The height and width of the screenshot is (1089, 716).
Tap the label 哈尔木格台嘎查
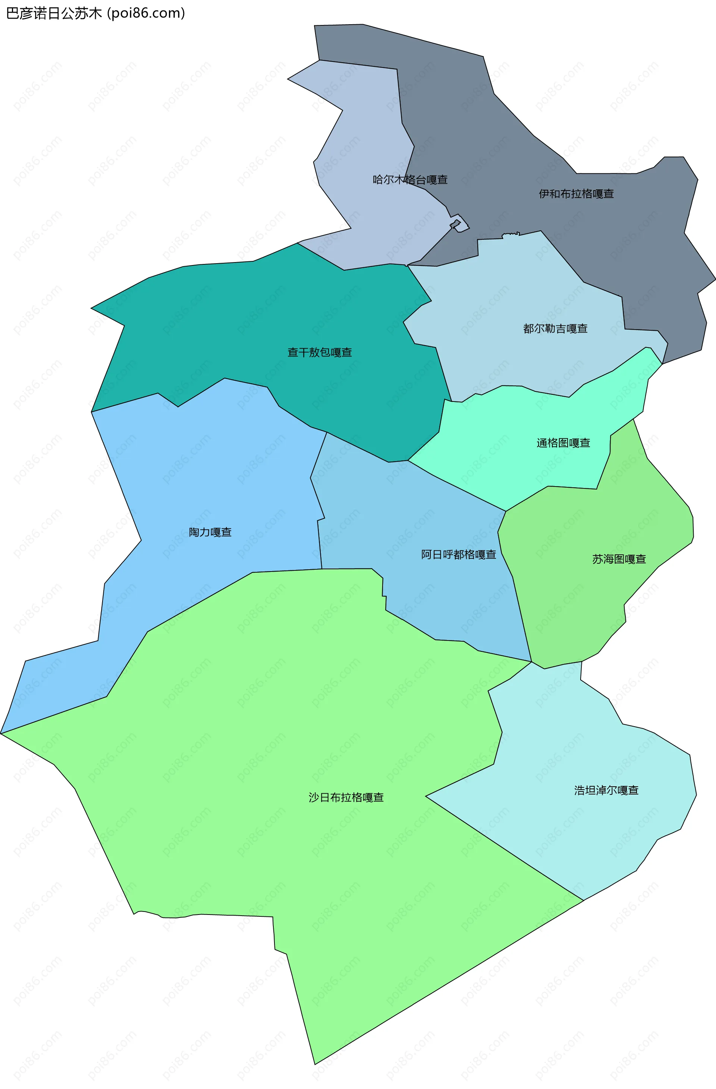[x=410, y=180]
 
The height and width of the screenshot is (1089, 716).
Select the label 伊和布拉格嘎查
[x=576, y=194]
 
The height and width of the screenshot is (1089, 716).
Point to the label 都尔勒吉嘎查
[x=555, y=328]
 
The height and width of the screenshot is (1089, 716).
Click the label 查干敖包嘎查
[x=320, y=352]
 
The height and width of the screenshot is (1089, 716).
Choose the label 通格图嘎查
[x=563, y=443]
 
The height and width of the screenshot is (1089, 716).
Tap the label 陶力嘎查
[x=210, y=532]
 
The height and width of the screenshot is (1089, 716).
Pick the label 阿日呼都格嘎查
[x=458, y=555]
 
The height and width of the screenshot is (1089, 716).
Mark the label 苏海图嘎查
[x=619, y=559]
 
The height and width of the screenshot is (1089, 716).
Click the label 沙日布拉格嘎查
[x=346, y=797]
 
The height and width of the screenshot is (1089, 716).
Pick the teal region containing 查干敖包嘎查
[x=229, y=320]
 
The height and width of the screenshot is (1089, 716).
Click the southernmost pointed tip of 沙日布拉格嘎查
[x=315, y=1064]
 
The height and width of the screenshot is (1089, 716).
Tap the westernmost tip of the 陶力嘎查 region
[x=1, y=733]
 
